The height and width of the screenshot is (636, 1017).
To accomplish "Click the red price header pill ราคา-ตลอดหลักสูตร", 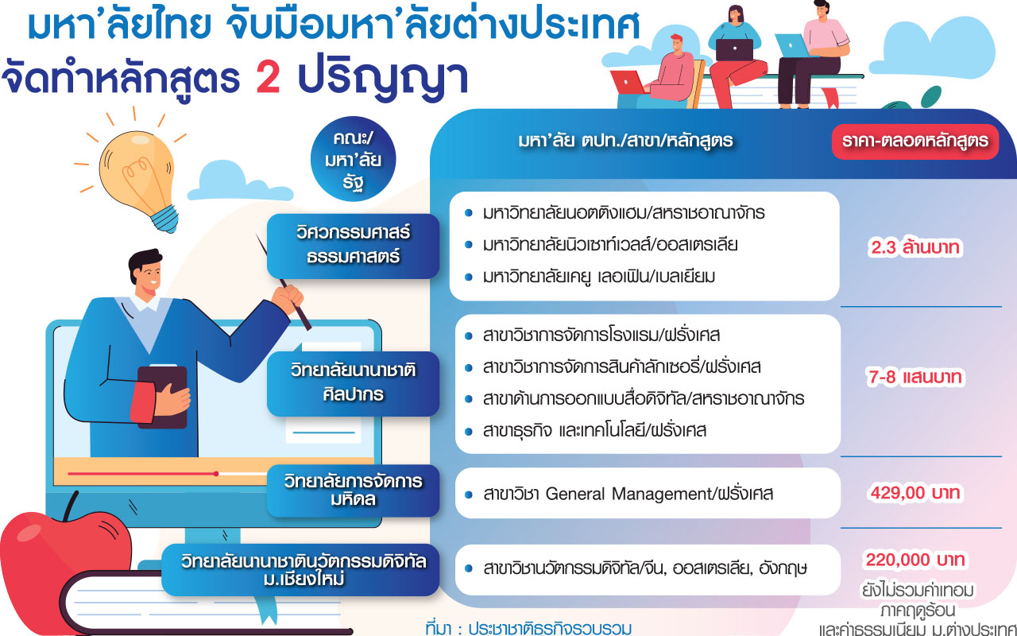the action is (x=915, y=142).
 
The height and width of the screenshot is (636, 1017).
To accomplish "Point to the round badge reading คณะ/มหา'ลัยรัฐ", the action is (x=353, y=159).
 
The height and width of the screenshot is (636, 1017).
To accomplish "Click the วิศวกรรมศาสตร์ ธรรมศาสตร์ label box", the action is (x=353, y=246).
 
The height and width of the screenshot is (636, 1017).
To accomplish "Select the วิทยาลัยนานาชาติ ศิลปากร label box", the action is (x=353, y=383).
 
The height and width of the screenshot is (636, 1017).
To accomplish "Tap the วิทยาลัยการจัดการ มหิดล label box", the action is (x=353, y=491).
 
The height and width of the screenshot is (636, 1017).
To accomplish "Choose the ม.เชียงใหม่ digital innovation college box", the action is (x=300, y=570).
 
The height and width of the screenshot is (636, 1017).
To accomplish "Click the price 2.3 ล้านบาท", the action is (x=915, y=247).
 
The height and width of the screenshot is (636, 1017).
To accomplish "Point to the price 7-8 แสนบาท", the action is (x=915, y=377).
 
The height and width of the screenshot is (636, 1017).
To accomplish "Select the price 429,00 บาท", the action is (x=915, y=493).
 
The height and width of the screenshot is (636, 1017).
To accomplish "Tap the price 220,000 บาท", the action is (x=915, y=560).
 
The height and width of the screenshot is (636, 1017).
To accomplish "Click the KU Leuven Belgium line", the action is (x=598, y=277).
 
